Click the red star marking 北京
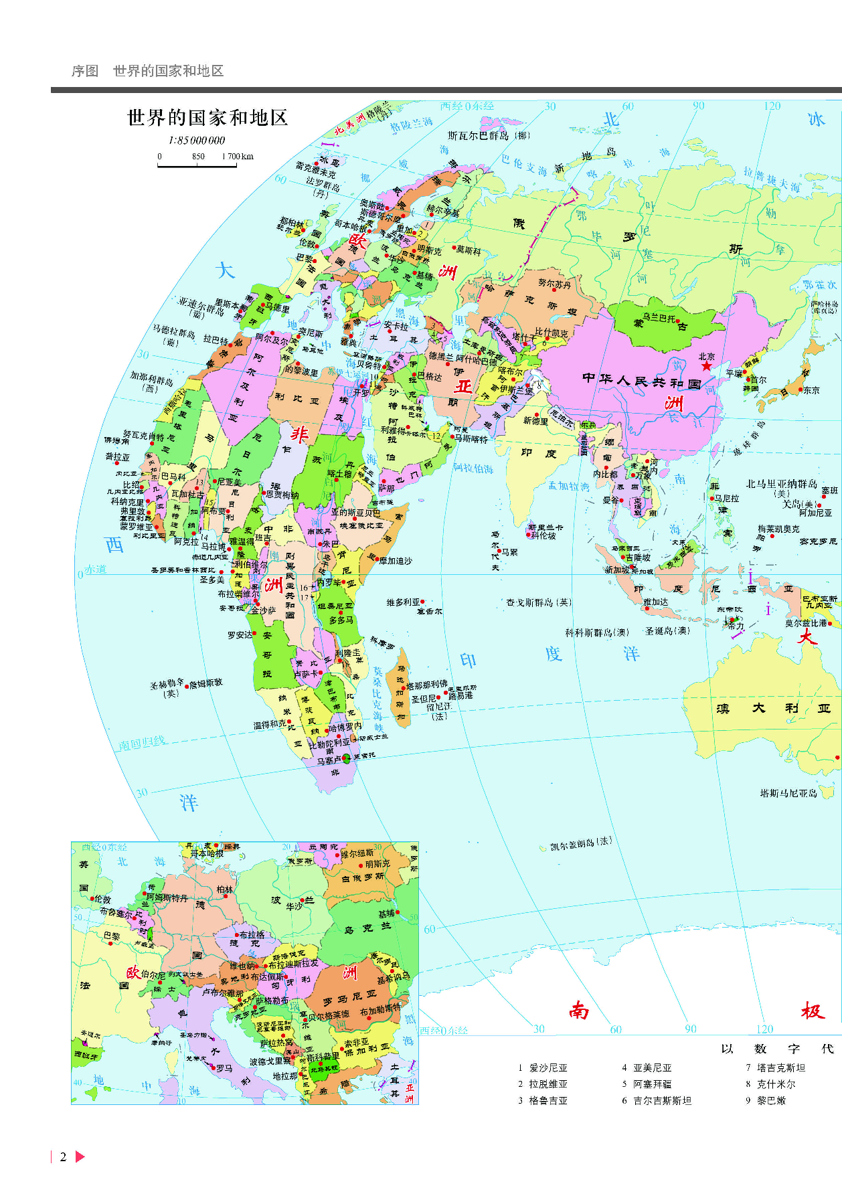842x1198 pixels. pos(707,366)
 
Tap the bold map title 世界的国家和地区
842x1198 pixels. pos(207,118)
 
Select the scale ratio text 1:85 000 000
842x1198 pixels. pos(196,141)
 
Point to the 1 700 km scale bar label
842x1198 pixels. pos(238,157)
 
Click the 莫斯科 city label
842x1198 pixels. pos(469,250)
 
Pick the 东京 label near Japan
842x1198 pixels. pos(811,390)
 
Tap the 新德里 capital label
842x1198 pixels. pos(535,421)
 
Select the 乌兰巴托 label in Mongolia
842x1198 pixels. pos(660,318)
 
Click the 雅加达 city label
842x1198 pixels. pos(656,602)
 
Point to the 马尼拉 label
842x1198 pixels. pos(727,499)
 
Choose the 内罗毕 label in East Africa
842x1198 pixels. pos(329,582)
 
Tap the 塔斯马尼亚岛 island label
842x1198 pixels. pos(788,793)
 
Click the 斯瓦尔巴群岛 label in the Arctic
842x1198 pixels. pos(478,136)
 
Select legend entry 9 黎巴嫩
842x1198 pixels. pos(771,1101)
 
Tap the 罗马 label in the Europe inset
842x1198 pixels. pos(224,1069)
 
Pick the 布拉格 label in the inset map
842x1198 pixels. pos(252,935)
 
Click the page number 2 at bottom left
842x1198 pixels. pos(63,1157)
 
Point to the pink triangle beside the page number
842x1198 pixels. pos(80,1157)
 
